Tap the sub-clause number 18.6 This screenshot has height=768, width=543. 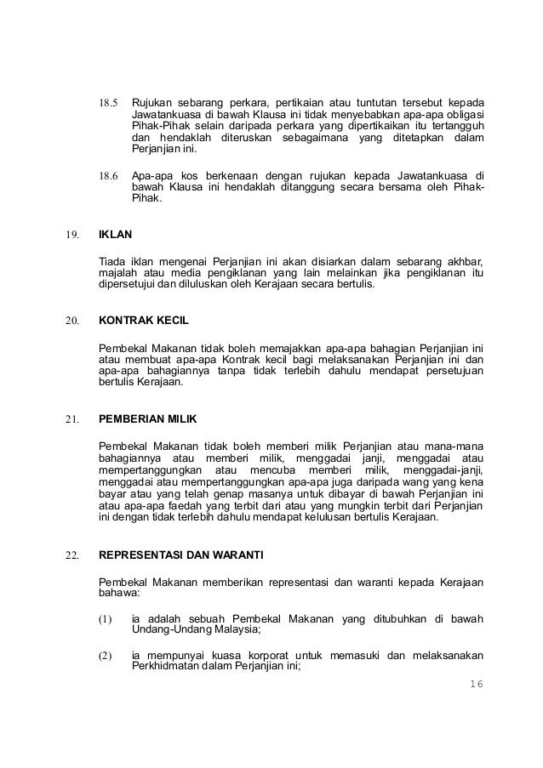[x=111, y=177]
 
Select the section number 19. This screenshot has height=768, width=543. [x=71, y=230]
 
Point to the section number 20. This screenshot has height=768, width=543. [x=71, y=323]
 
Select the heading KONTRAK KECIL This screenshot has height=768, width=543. [x=143, y=323]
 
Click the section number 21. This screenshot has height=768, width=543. [x=71, y=419]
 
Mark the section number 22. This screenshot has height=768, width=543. [x=71, y=556]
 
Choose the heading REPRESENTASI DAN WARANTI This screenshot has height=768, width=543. [x=181, y=556]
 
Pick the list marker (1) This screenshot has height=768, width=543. [x=107, y=619]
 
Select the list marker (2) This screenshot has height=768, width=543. [x=107, y=655]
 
